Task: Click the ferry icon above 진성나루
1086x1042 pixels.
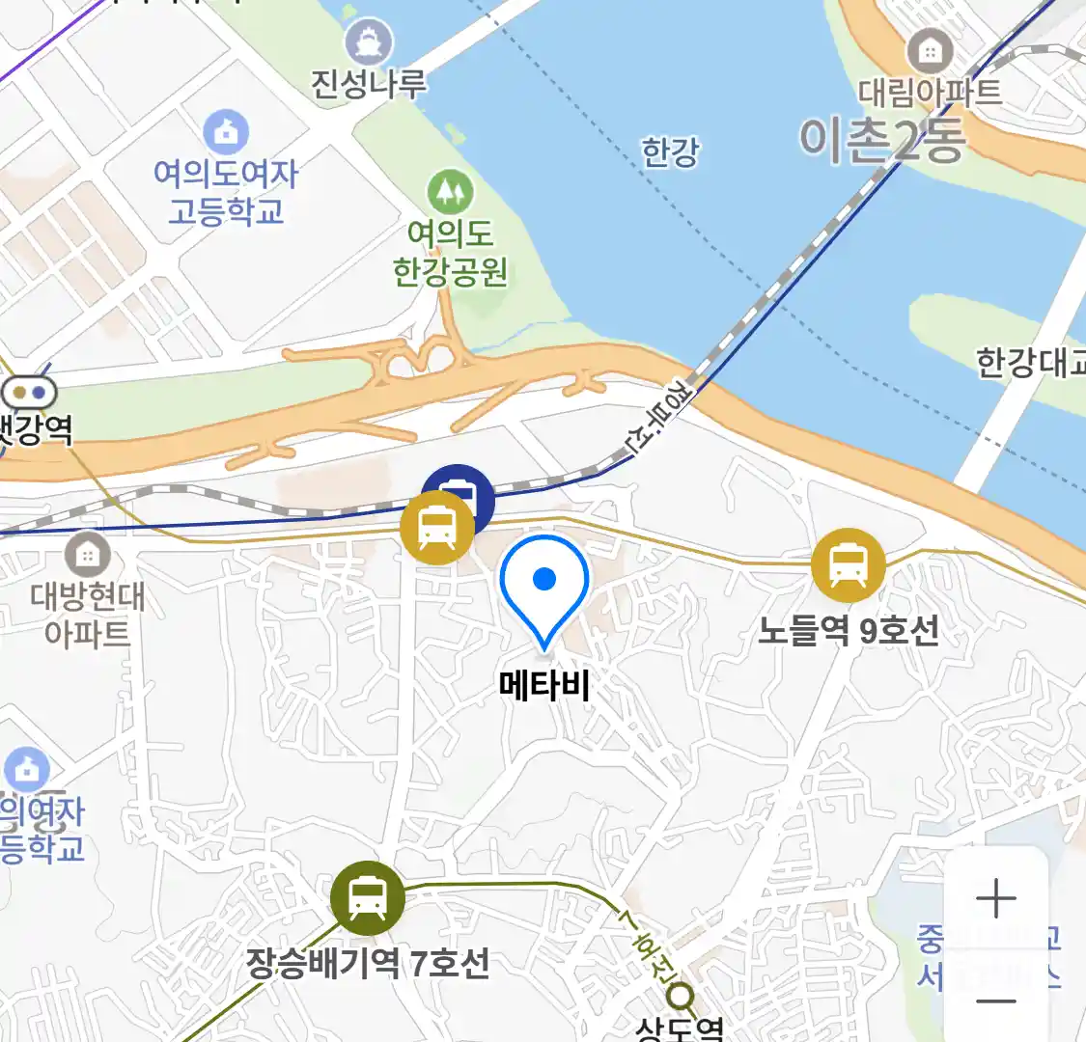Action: (369, 43)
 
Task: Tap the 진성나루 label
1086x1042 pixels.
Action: (368, 84)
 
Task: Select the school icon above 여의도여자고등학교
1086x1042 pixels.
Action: (226, 132)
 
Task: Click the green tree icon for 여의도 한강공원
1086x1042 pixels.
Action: (450, 193)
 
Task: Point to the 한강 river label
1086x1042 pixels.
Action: (670, 152)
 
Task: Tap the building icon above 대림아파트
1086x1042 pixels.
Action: (930, 50)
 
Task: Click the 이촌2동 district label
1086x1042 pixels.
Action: (881, 140)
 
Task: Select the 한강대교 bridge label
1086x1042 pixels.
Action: (1031, 363)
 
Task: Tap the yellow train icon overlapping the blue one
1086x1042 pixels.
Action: (437, 528)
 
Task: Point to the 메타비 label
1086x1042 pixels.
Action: (544, 685)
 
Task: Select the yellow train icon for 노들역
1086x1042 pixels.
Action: (848, 565)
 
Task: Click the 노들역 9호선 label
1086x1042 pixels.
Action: (848, 631)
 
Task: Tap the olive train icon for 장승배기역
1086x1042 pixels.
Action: (368, 897)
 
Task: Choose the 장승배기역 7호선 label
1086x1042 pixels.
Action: (368, 962)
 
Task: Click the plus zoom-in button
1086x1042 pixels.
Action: (995, 899)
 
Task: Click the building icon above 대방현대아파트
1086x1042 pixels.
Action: (87, 555)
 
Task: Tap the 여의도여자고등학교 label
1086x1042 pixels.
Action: (226, 191)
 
